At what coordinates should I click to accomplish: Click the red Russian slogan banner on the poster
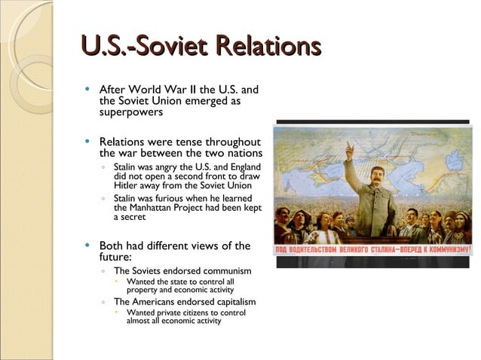pos(372,249)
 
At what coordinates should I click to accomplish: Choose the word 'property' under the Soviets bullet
pos(142,289)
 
